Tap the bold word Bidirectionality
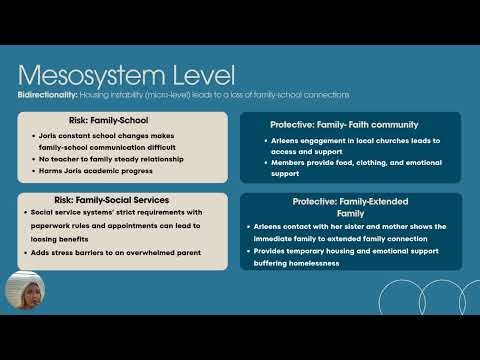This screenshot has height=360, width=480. [46, 95]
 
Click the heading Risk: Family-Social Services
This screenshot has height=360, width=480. [122, 200]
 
